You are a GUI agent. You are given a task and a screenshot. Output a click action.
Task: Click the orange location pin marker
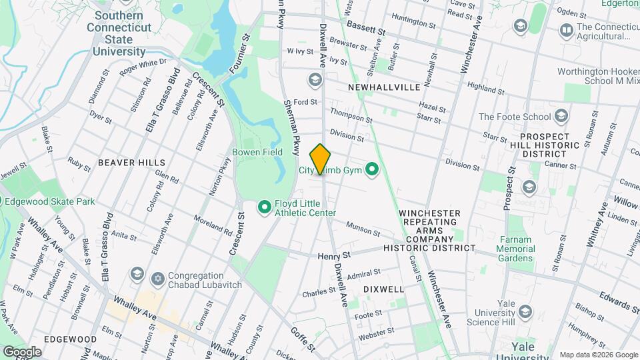pyautogui.click(x=321, y=159)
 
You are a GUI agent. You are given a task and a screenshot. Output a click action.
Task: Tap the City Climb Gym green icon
pyautogui.click(x=373, y=171)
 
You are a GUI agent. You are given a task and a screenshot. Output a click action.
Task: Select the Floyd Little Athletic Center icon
pyautogui.click(x=264, y=208)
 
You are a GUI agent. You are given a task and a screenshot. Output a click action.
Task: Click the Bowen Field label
pyautogui.click(x=257, y=152)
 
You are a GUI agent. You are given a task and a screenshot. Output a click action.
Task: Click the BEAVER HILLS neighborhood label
pyautogui.click(x=126, y=162)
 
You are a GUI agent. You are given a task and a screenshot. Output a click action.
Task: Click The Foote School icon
pyautogui.click(x=561, y=116)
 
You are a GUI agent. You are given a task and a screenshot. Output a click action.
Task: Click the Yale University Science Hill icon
pyautogui.click(x=525, y=312)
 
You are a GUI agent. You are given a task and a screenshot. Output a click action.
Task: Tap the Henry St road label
pyautogui.click(x=334, y=255)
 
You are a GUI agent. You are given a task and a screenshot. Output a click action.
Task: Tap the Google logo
pyautogui.click(x=22, y=351)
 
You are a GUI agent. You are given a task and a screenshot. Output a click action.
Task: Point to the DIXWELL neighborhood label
pyautogui.click(x=383, y=289)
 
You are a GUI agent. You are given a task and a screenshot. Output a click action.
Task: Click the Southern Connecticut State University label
pyautogui.click(x=119, y=33)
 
